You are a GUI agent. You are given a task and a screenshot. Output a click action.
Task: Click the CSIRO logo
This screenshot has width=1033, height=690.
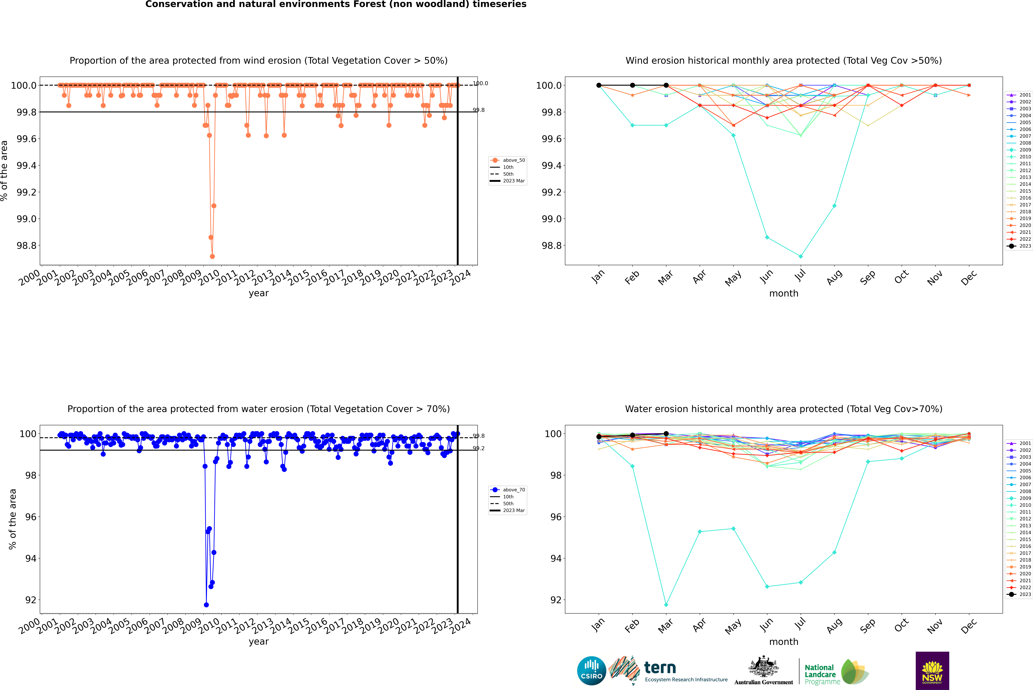591,671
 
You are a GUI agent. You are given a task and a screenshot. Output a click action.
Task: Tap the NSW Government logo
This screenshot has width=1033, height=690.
932,671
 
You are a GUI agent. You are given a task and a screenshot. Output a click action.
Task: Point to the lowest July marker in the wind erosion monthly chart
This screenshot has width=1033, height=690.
800,256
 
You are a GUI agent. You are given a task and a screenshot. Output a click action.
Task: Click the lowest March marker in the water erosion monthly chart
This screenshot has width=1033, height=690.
666,605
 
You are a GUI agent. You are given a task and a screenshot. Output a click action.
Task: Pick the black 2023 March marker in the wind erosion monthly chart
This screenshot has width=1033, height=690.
666,85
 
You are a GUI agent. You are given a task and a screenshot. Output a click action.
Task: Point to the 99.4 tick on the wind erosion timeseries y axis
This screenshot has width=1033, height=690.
26,165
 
